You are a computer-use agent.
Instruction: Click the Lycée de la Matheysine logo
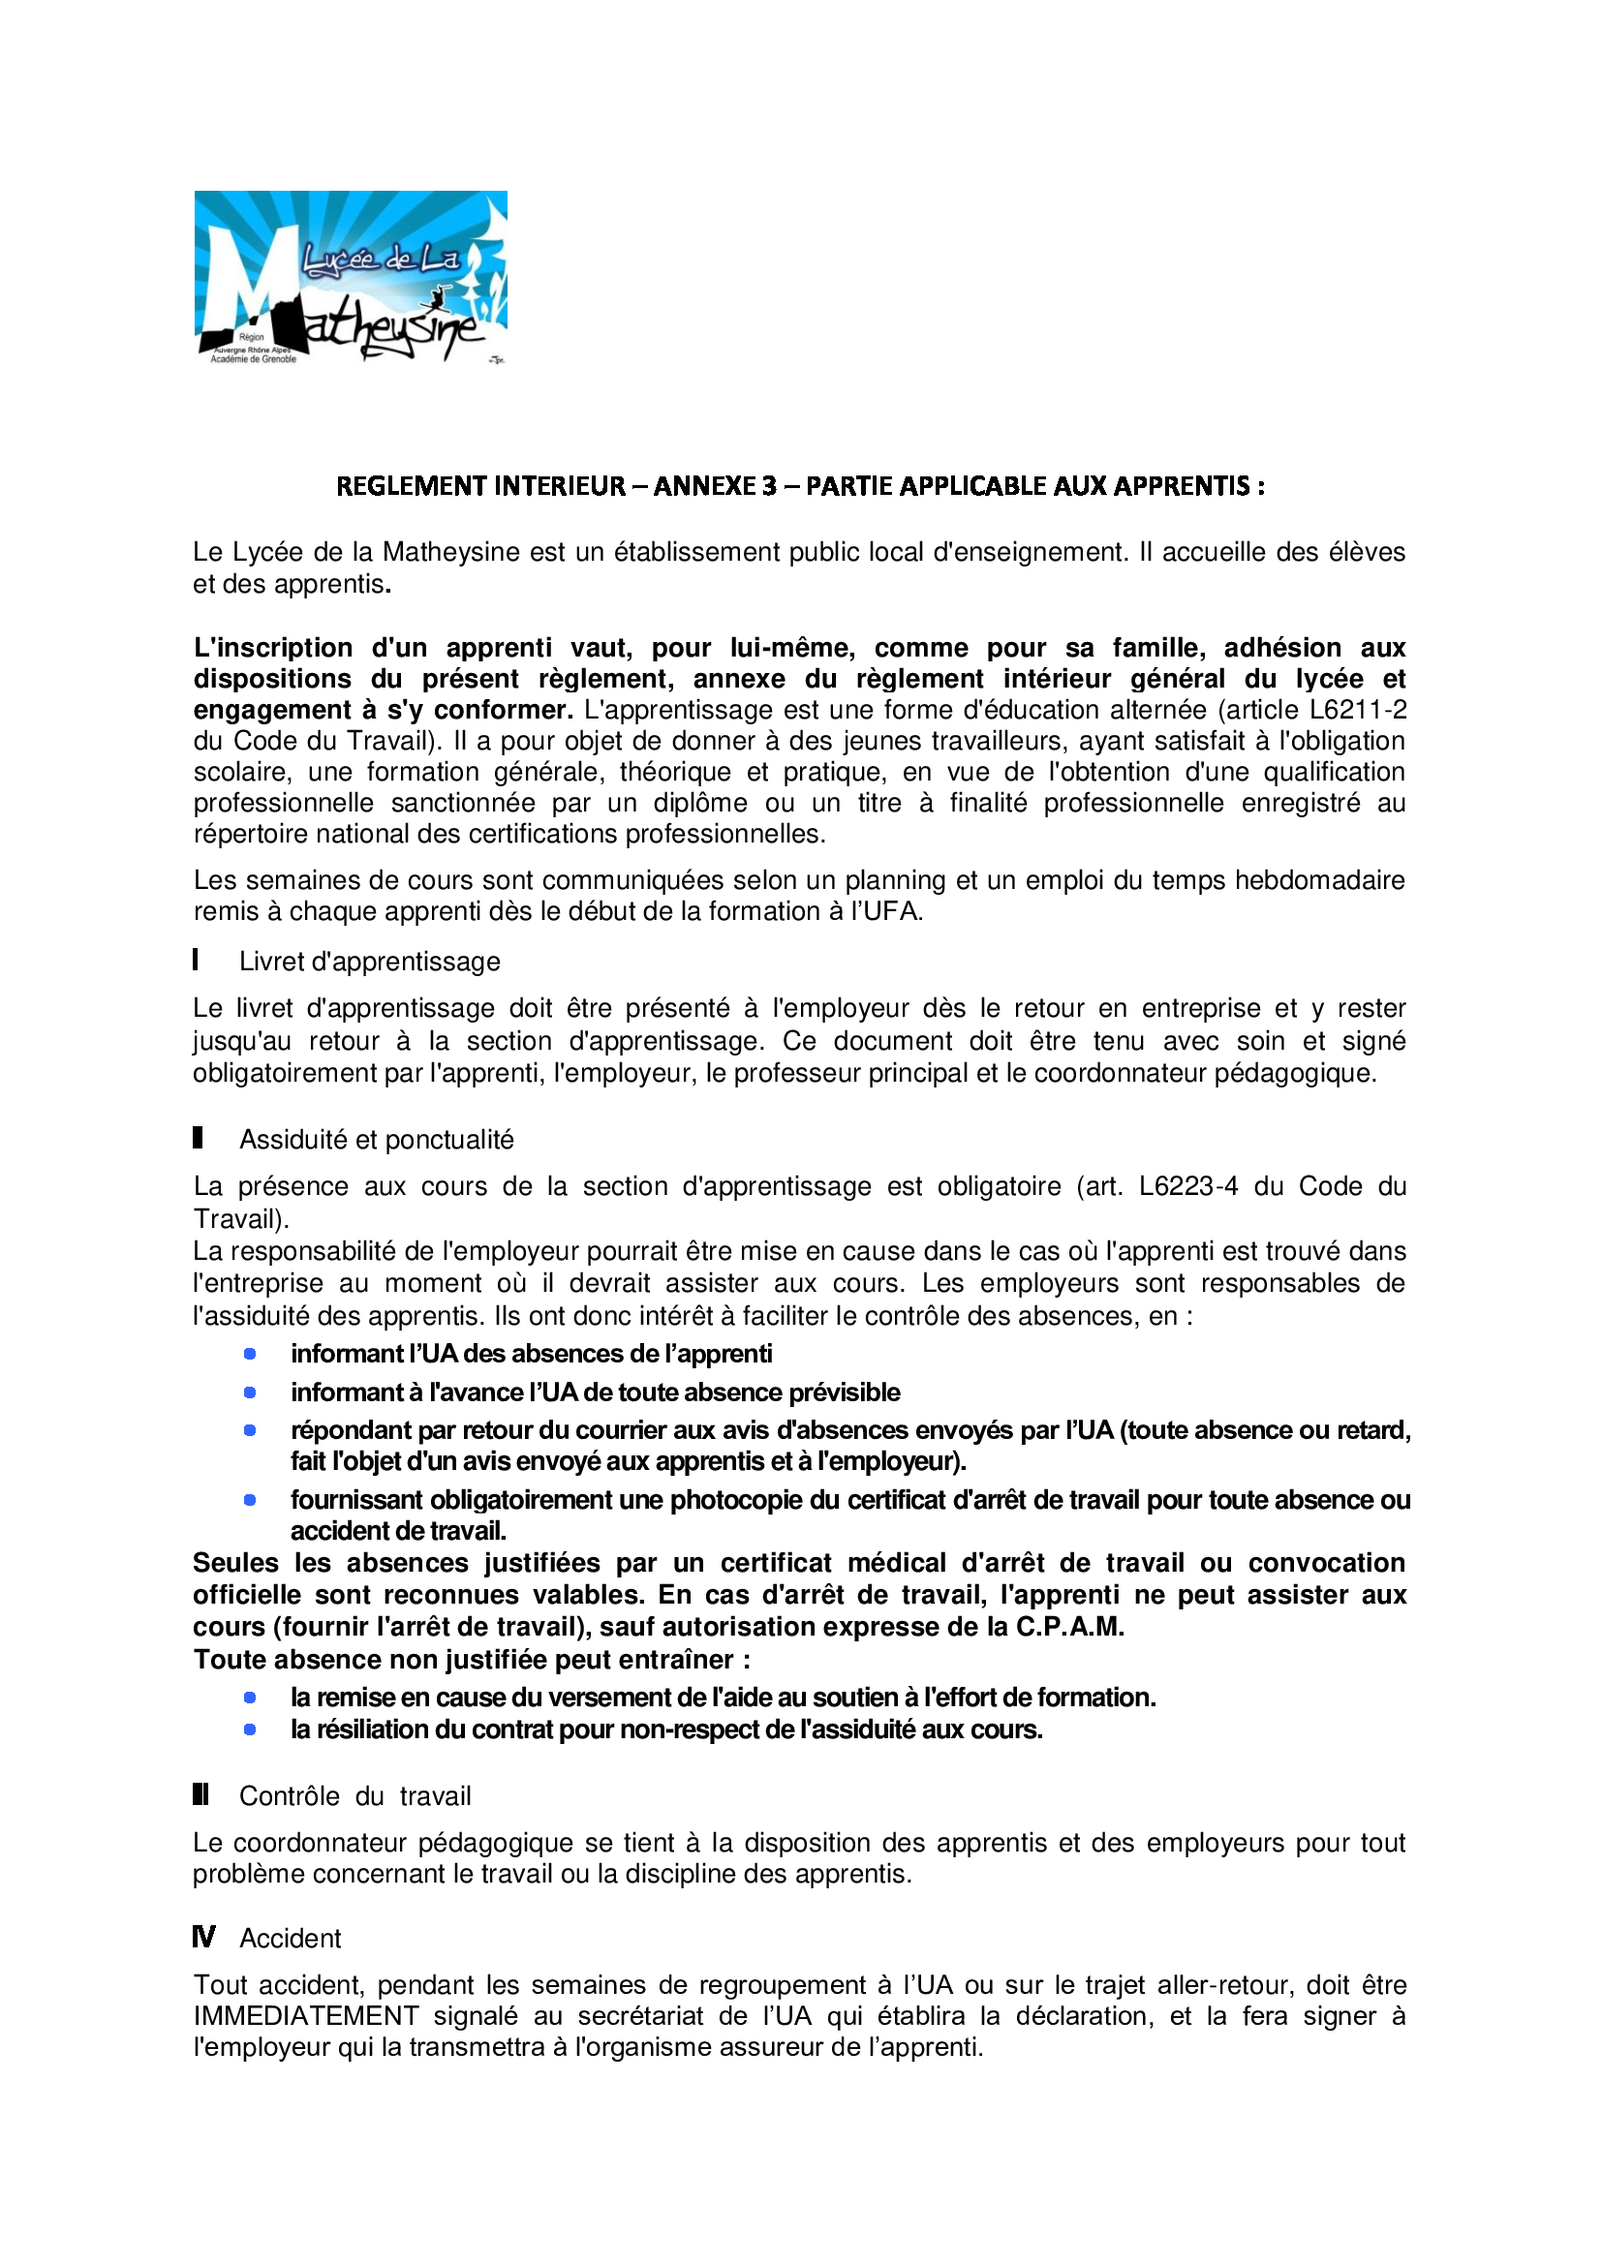pyautogui.click(x=351, y=277)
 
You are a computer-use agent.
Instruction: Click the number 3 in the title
pyautogui.click(x=767, y=486)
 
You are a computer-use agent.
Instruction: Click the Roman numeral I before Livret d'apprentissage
pyautogui.click(x=197, y=960)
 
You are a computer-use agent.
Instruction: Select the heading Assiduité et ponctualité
pyautogui.click(x=376, y=1141)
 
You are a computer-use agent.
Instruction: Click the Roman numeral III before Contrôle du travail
pyautogui.click(x=200, y=1794)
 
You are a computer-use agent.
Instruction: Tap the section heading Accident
pyautogui.click(x=290, y=1939)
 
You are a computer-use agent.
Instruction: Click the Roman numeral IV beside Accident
pyautogui.click(x=203, y=1938)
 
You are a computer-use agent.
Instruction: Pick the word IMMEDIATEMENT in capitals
pyautogui.click(x=306, y=2016)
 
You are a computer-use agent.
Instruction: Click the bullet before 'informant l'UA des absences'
pyautogui.click(x=250, y=1355)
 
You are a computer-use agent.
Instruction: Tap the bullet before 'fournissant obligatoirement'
pyautogui.click(x=250, y=1500)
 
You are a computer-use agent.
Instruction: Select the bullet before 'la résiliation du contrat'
pyautogui.click(x=250, y=1729)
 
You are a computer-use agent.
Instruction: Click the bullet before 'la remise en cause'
pyautogui.click(x=250, y=1698)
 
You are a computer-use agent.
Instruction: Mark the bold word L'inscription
pyautogui.click(x=273, y=648)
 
